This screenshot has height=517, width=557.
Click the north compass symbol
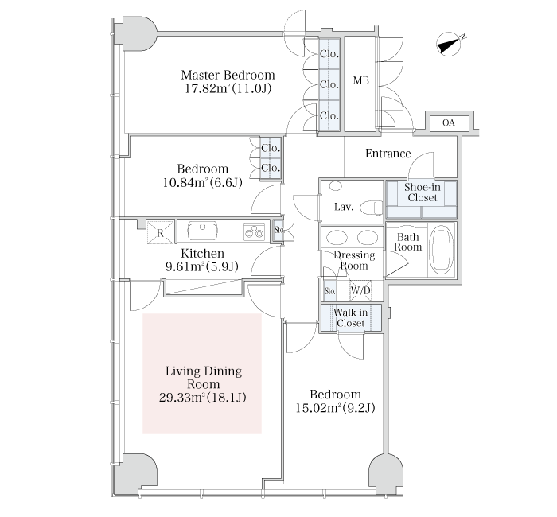coord(450,45)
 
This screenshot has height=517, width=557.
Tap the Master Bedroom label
coord(228,75)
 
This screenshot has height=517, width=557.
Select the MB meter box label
coord(361,80)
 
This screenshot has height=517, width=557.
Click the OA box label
coord(449,122)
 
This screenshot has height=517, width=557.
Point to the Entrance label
coord(388,154)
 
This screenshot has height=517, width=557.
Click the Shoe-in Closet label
coord(422,192)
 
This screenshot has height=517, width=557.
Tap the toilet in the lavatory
coord(372,208)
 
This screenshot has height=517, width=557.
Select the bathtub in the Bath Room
coord(441,251)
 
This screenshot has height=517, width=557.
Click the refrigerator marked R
coord(160,232)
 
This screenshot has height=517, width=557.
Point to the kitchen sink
coord(202,231)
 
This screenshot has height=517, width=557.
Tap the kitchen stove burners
coord(254,232)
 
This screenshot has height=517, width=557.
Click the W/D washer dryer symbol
coord(360,290)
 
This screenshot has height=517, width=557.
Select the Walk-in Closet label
coord(350,318)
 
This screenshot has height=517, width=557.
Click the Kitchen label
coord(202,253)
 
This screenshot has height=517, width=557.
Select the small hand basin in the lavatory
coord(335,185)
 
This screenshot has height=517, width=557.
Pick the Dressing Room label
coord(354,260)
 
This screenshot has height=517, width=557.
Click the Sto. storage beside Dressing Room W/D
coord(330,291)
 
